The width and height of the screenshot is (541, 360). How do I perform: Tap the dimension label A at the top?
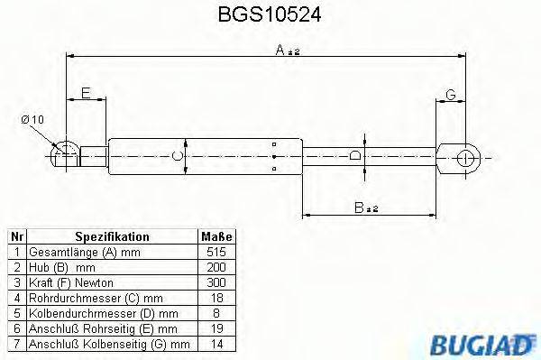pos(281,51)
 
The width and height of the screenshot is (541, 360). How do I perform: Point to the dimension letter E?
pos(86,93)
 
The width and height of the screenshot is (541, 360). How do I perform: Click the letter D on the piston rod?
pos(355,157)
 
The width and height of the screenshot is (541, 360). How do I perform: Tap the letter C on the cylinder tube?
pos(178,157)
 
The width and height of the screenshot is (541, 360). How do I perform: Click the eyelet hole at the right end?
pos(467,157)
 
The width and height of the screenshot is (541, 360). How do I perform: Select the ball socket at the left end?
pos(63,151)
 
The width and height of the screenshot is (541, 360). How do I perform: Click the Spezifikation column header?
pos(111,236)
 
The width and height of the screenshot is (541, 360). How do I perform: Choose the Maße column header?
pos(217,236)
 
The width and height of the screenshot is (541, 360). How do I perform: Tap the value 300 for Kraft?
pos(217,282)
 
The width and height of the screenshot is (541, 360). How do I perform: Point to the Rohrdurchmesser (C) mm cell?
pos(96,297)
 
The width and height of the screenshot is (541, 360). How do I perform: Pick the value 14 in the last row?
pos(217,344)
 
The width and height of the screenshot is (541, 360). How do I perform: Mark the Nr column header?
pos(15,236)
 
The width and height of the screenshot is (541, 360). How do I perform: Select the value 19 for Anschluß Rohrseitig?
pos(217,328)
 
